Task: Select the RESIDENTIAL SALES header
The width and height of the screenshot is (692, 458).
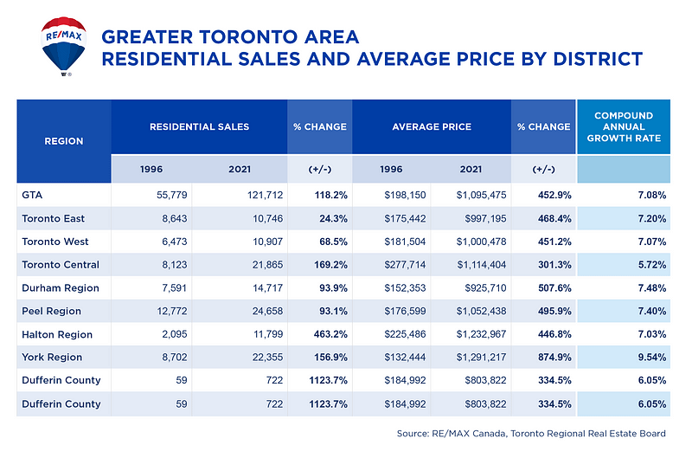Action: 199,126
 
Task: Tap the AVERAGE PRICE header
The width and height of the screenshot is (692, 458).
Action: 432,126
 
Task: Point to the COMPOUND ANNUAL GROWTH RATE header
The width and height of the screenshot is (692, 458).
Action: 623,126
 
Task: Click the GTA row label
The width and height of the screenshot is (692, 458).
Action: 32,195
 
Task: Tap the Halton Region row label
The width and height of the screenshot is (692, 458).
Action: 56,334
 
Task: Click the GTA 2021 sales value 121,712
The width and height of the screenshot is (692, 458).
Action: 253,195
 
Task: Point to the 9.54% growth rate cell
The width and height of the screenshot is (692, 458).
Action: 644,357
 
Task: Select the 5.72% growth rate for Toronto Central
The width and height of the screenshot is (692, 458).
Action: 644,264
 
